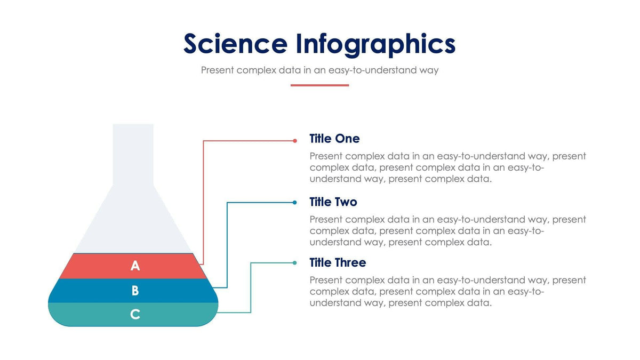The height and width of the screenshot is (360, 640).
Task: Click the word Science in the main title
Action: tap(235, 44)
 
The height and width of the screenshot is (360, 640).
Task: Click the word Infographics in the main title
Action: tap(375, 45)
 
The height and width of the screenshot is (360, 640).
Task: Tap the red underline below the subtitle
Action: tap(319, 85)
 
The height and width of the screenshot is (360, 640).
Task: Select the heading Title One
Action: tap(334, 139)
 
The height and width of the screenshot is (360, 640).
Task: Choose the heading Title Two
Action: tap(333, 202)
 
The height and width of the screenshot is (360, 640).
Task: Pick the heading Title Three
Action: tap(338, 263)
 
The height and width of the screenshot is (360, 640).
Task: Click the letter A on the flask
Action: tap(135, 266)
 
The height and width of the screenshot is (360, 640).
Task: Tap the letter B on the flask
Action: tap(135, 291)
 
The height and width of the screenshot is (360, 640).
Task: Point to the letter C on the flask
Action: tap(135, 315)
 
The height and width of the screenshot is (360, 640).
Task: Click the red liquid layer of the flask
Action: tap(96, 266)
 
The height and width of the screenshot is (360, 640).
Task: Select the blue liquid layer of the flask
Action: tap(85, 291)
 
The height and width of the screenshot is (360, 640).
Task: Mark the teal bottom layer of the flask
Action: tap(85, 315)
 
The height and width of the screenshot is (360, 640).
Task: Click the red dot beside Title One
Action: tap(295, 141)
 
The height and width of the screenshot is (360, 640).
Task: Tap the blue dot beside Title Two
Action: tap(295, 203)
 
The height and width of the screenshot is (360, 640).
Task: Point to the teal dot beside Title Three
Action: tap(295, 262)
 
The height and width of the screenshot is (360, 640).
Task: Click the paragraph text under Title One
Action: tap(447, 167)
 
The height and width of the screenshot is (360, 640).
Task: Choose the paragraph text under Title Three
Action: tap(447, 291)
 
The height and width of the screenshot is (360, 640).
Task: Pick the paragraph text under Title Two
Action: tap(447, 230)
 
